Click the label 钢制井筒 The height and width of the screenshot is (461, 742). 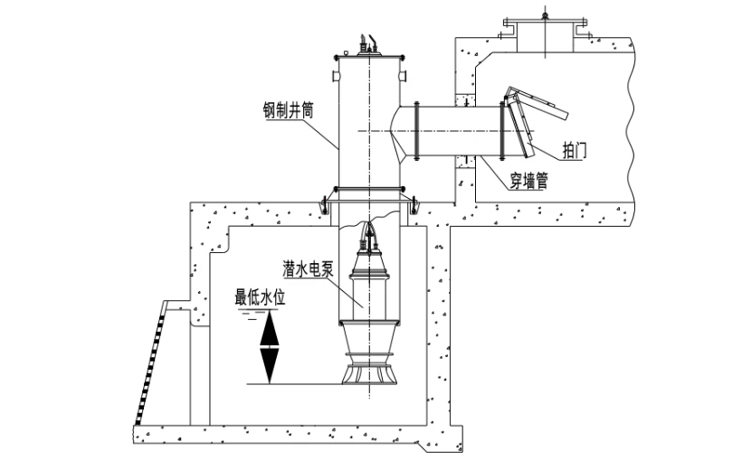(288, 112)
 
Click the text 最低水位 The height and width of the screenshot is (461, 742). (261, 296)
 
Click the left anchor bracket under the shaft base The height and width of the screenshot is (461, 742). (323, 207)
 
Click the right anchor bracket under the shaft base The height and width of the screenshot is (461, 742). (413, 207)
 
